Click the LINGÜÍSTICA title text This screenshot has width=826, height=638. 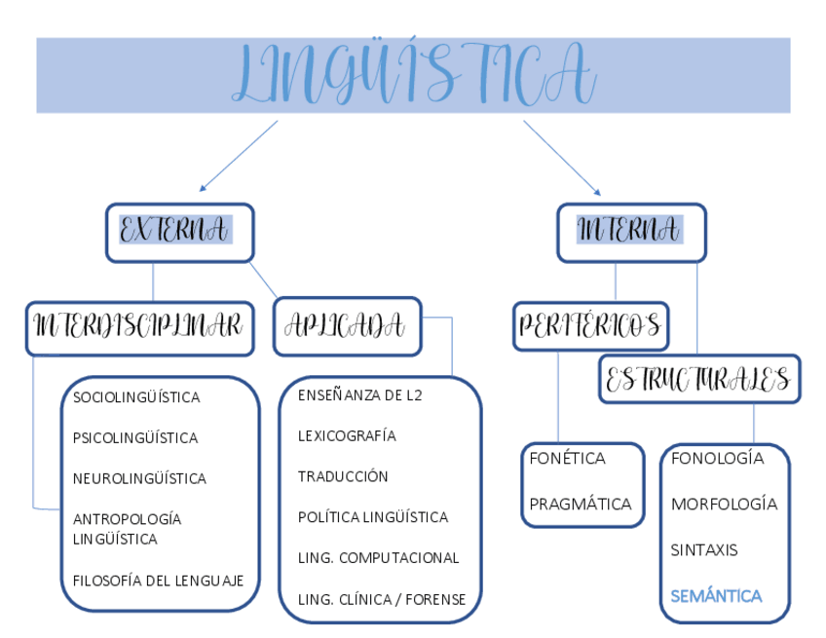(x=413, y=74)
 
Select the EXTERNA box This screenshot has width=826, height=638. (x=180, y=232)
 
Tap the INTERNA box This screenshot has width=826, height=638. (x=630, y=232)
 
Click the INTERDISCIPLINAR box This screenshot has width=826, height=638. (x=139, y=326)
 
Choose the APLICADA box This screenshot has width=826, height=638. (x=347, y=326)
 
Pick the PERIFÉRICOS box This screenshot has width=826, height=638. (x=590, y=326)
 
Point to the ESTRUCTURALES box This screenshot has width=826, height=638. (x=698, y=379)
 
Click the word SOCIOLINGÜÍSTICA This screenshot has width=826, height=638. (x=136, y=397)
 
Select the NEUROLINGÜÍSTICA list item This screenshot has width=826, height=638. (x=139, y=478)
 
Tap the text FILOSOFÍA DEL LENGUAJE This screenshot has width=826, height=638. (x=158, y=581)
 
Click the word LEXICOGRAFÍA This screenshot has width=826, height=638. (x=347, y=435)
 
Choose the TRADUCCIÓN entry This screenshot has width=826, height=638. (x=343, y=476)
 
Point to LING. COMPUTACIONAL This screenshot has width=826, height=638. (x=378, y=558)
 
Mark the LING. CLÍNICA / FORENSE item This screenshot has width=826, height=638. (x=382, y=599)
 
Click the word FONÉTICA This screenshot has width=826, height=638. (x=567, y=458)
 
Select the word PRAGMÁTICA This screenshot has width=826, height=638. (x=580, y=504)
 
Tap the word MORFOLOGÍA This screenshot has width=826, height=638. (x=724, y=504)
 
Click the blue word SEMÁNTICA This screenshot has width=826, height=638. (x=716, y=595)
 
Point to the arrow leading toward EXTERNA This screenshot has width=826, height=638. (x=238, y=155)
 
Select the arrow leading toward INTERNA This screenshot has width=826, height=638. (x=562, y=157)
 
